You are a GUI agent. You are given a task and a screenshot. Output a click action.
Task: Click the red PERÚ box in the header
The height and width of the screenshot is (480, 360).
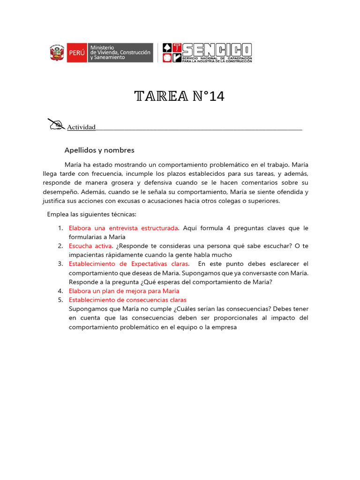point(76,52)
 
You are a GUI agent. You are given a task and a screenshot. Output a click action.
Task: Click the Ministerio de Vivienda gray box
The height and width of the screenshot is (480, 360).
point(120,52)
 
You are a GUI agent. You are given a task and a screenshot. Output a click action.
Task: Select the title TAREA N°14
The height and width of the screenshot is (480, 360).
point(180,96)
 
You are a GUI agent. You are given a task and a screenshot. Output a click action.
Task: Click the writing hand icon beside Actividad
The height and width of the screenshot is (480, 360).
point(56,124)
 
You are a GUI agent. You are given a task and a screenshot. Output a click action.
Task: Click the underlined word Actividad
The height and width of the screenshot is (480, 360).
point(81,127)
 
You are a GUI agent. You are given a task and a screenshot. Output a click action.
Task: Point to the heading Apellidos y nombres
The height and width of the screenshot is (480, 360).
point(99,150)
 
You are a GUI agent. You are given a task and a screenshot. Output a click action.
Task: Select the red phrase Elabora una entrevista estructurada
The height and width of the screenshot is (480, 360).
point(123,228)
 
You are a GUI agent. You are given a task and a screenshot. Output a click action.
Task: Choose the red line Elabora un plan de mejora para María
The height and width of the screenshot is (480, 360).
point(124,291)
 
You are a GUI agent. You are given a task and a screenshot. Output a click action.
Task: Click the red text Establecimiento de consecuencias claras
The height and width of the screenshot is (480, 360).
point(127,300)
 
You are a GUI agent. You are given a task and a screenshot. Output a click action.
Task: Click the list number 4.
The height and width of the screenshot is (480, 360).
point(60,291)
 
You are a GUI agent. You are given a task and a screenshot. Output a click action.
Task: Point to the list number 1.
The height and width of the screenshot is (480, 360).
point(60,228)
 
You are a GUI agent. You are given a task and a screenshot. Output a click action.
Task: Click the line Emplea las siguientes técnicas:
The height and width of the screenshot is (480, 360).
point(91,214)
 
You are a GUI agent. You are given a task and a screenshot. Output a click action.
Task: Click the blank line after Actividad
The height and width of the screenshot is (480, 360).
point(199,127)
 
